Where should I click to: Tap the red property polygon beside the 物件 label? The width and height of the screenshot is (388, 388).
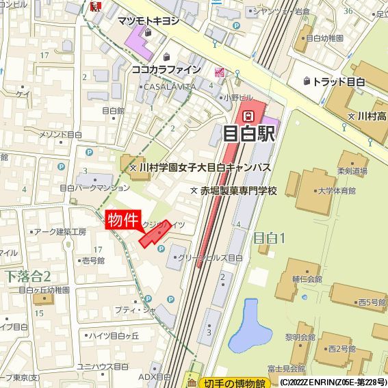[x=153, y=235]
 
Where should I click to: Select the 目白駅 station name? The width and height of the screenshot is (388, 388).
[x=250, y=133]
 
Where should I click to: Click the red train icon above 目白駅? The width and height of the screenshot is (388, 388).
[x=250, y=114]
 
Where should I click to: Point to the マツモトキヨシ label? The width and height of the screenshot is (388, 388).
[x=148, y=21]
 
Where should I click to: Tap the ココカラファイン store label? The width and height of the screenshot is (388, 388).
[x=166, y=69]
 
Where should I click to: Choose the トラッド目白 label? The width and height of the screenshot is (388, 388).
[x=339, y=82]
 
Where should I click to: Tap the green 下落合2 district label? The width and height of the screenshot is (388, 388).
[x=28, y=276]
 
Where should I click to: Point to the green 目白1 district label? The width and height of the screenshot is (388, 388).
[x=269, y=238]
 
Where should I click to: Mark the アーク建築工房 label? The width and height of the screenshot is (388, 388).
[x=60, y=232]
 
